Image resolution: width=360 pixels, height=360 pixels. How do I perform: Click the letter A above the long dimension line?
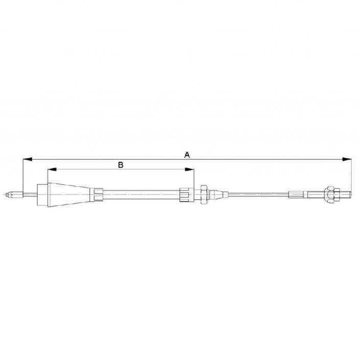click(187, 155)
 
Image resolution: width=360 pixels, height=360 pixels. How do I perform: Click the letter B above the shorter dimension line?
click(121, 165)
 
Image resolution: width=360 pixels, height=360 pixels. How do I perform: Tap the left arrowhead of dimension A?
click(28, 159)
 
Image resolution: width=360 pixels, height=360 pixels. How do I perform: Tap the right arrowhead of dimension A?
click(347, 159)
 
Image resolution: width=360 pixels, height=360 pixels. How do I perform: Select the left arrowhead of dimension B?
click(52, 170)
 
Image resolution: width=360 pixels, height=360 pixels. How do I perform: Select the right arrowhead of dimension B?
click(189, 170)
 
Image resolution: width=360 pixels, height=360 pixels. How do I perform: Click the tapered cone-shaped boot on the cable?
click(69, 195)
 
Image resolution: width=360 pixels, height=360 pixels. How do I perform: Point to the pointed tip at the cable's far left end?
click(7, 195)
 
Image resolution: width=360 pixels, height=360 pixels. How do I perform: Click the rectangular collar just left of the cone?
click(42, 195)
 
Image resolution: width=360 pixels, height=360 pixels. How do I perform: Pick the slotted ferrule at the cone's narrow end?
click(97, 195)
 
